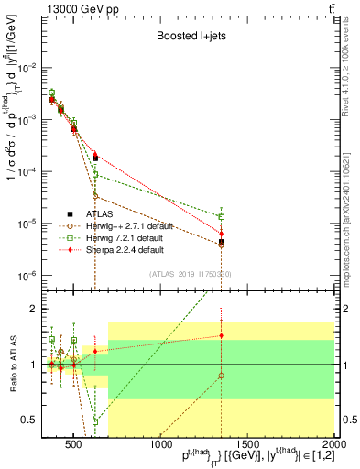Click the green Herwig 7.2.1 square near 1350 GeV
[222, 217]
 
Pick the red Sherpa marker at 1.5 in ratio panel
[222, 335]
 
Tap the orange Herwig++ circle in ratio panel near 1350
[222, 376]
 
